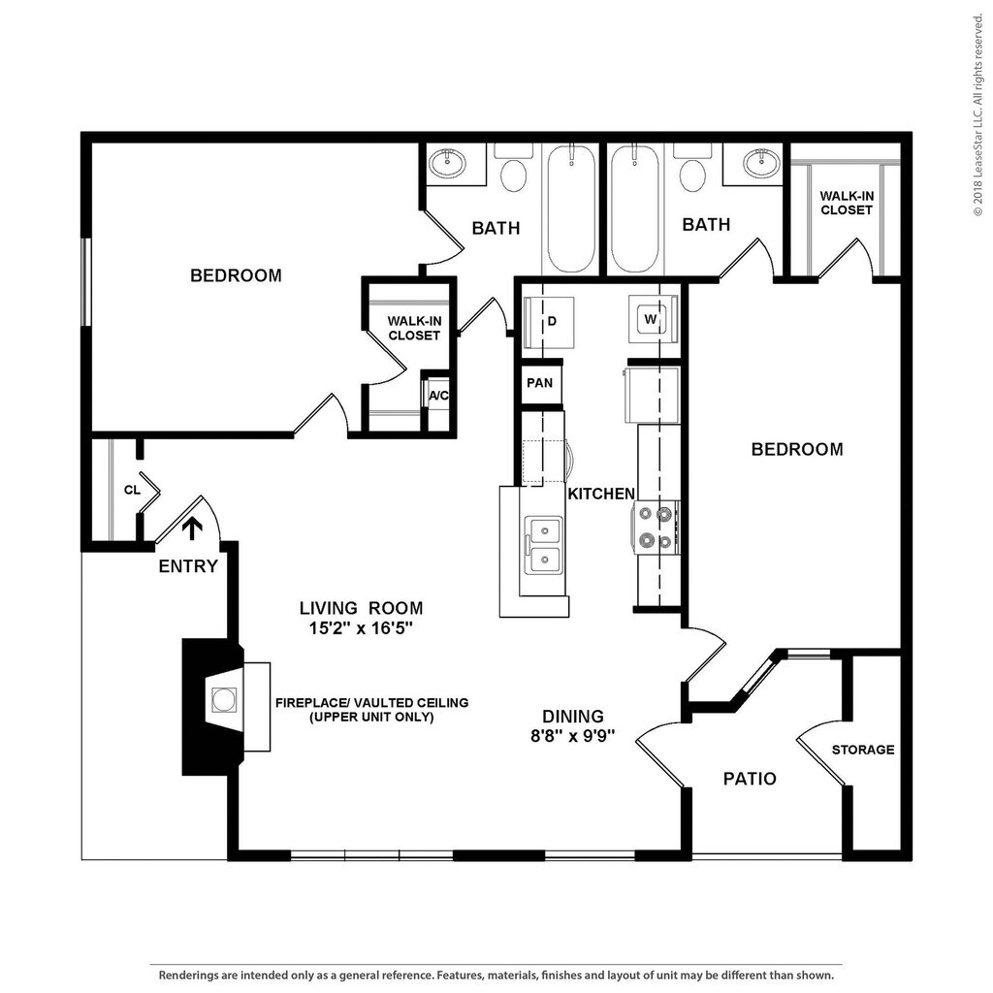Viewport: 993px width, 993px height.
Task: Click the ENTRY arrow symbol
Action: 192,529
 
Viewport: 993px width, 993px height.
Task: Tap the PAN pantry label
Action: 539,382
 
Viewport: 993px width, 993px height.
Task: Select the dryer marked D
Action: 549,322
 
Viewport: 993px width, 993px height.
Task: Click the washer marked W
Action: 653,319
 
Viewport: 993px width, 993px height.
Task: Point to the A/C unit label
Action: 438,396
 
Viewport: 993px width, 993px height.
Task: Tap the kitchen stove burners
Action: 656,527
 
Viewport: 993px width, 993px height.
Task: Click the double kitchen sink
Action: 544,546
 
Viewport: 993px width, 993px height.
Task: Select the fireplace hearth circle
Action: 224,700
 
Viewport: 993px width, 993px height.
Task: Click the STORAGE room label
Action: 862,750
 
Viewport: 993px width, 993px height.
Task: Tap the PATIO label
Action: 750,779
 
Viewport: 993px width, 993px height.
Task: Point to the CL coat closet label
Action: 132,490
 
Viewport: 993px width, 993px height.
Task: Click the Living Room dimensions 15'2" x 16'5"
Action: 361,628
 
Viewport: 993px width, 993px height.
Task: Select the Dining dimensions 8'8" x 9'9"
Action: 573,737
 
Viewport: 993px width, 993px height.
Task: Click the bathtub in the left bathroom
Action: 571,208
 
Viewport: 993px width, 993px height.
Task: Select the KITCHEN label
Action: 601,494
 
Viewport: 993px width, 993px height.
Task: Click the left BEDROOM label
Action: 237,275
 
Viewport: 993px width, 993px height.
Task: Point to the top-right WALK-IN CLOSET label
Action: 847,203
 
